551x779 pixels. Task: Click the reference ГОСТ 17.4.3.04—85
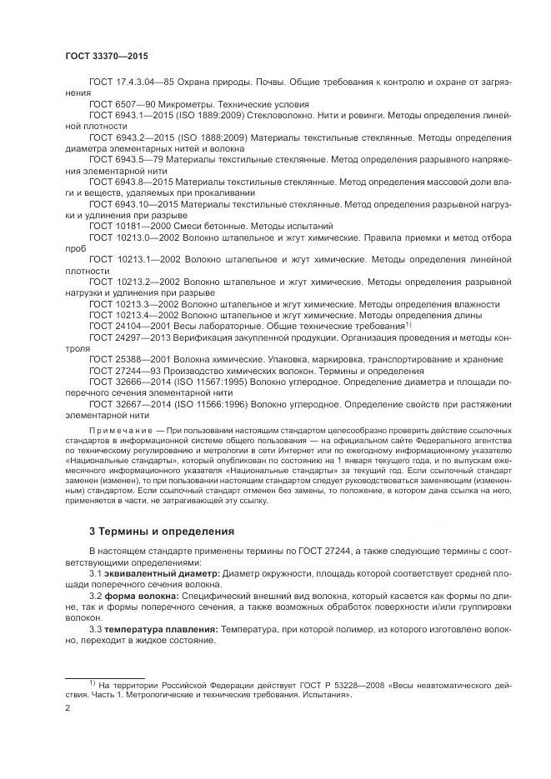click(x=135, y=83)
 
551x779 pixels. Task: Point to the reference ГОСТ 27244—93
click(x=127, y=371)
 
